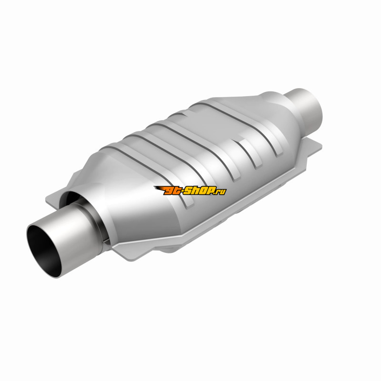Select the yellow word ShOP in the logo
tap(198, 190)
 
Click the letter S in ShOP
tap(187, 190)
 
